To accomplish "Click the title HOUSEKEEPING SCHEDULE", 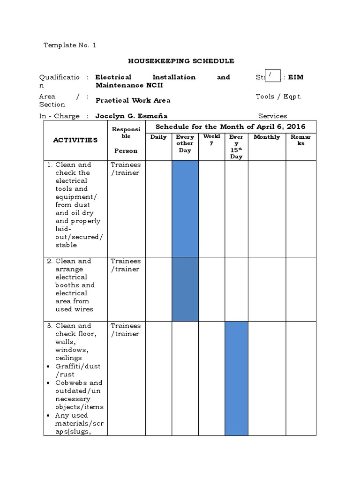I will pos(181,61).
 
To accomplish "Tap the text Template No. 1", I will pos(69,45).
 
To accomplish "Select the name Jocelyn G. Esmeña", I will pos(131,116).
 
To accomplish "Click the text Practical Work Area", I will pos(133,100).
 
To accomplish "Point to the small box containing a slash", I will pos(272,75).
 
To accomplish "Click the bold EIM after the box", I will pos(296,77).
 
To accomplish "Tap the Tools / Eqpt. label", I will pos(278,97).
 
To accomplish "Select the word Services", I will pos(272,116).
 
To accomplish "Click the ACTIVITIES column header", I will pos(75,140).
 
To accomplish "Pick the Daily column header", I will pos(158,137).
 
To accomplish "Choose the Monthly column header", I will pos(267,137).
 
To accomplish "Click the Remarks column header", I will pos(300,140).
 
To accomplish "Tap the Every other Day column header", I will pos(185,143).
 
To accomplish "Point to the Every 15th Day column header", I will pos(236,146).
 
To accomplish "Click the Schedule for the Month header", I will pos(230,127).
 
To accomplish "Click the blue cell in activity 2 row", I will pos(185,289).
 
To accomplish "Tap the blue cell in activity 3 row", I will pos(236,378).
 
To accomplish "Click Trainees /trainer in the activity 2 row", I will pos(125,265).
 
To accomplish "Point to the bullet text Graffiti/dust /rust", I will pos(78,370).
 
